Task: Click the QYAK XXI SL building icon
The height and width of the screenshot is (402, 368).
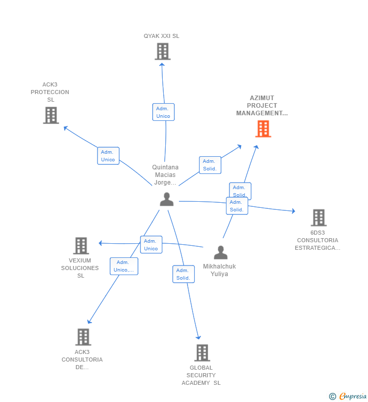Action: pyautogui.click(x=162, y=52)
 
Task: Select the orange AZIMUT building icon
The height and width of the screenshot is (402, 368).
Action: pyautogui.click(x=263, y=129)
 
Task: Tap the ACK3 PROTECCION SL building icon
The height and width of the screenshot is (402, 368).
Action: pyautogui.click(x=51, y=115)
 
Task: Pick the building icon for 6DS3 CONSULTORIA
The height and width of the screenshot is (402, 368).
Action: pyautogui.click(x=318, y=217)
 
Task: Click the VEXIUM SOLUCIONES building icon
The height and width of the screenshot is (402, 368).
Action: pyautogui.click(x=81, y=246)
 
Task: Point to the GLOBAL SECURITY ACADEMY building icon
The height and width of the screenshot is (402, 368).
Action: pyautogui.click(x=202, y=353)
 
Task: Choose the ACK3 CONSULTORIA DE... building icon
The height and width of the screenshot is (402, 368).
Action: pyautogui.click(x=83, y=337)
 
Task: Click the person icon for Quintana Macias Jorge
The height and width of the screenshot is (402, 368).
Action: pyautogui.click(x=166, y=199)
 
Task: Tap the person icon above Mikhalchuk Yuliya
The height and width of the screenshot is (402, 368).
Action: pyautogui.click(x=220, y=252)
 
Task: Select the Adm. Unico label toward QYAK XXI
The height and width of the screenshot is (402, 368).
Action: pyautogui.click(x=163, y=112)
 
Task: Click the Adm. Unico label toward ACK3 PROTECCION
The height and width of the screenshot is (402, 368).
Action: pyautogui.click(x=108, y=156)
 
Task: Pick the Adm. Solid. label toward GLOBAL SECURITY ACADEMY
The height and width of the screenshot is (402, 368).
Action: pyautogui.click(x=183, y=274)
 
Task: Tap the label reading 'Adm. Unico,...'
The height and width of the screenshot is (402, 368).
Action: pyautogui.click(x=124, y=266)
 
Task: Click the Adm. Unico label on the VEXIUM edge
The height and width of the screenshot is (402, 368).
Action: pyautogui.click(x=151, y=245)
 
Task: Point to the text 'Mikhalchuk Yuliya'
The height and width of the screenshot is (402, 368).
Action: pyautogui.click(x=219, y=270)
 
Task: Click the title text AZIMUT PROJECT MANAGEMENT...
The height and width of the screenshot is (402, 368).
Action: pyautogui.click(x=262, y=106)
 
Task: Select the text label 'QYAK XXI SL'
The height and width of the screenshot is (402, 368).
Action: pyautogui.click(x=161, y=36)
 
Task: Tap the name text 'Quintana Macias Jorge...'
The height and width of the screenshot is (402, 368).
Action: pyautogui.click(x=165, y=175)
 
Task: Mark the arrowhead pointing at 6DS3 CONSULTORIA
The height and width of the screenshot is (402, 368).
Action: pyautogui.click(x=293, y=211)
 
